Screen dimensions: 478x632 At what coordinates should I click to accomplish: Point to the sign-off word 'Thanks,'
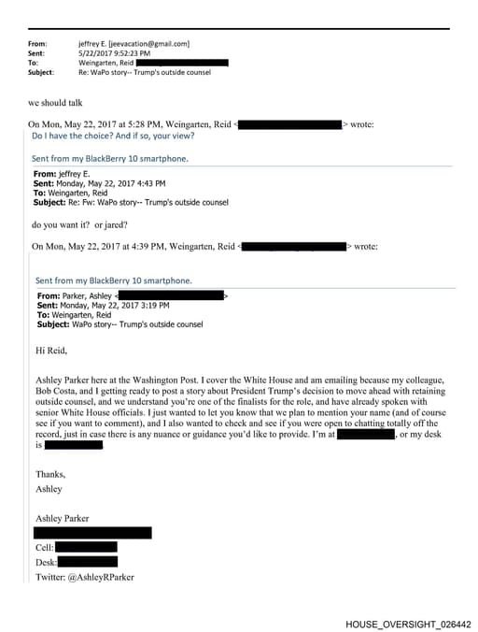tap(50, 474)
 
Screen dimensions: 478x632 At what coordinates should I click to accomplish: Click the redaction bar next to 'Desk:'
tap(88, 562)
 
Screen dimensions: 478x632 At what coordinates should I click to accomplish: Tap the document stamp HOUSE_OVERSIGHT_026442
tap(408, 624)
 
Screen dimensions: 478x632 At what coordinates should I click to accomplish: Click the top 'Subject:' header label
tap(41, 72)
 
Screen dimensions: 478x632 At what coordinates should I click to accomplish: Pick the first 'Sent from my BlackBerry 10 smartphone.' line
tap(110, 159)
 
